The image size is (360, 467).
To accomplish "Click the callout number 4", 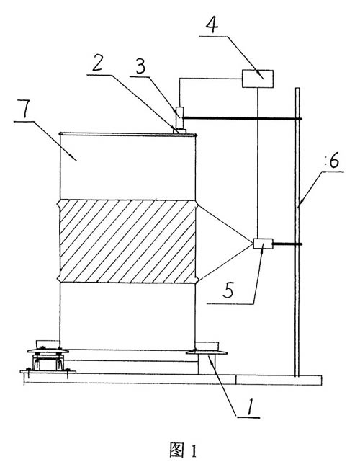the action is coord(212,24).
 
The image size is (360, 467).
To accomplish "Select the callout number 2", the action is coord(97,63).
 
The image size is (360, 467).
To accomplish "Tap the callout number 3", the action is coord(140,66).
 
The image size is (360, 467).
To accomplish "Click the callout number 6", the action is coord(334,161).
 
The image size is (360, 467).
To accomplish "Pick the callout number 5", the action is coord(228,290).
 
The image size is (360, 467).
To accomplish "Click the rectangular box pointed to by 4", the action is coord(258,79).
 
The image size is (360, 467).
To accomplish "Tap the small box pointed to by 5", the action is coord(263,244).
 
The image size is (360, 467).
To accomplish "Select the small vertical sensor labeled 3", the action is coord(180,118).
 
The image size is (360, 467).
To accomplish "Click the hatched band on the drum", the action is coord(128,241).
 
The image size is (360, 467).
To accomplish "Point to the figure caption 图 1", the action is coord(184,450).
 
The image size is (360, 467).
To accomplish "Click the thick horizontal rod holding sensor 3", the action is coord(243,118).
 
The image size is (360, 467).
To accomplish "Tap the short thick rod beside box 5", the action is coord(287,244).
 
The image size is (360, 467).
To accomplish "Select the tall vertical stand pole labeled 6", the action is coord(297,232).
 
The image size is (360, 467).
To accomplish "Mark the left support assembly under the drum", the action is coord(48,357).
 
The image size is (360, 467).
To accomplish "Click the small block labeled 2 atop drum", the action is coord(179,131).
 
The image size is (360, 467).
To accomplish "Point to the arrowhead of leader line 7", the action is coord(76,160).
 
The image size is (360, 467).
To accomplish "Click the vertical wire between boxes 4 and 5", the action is coord(258,163).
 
